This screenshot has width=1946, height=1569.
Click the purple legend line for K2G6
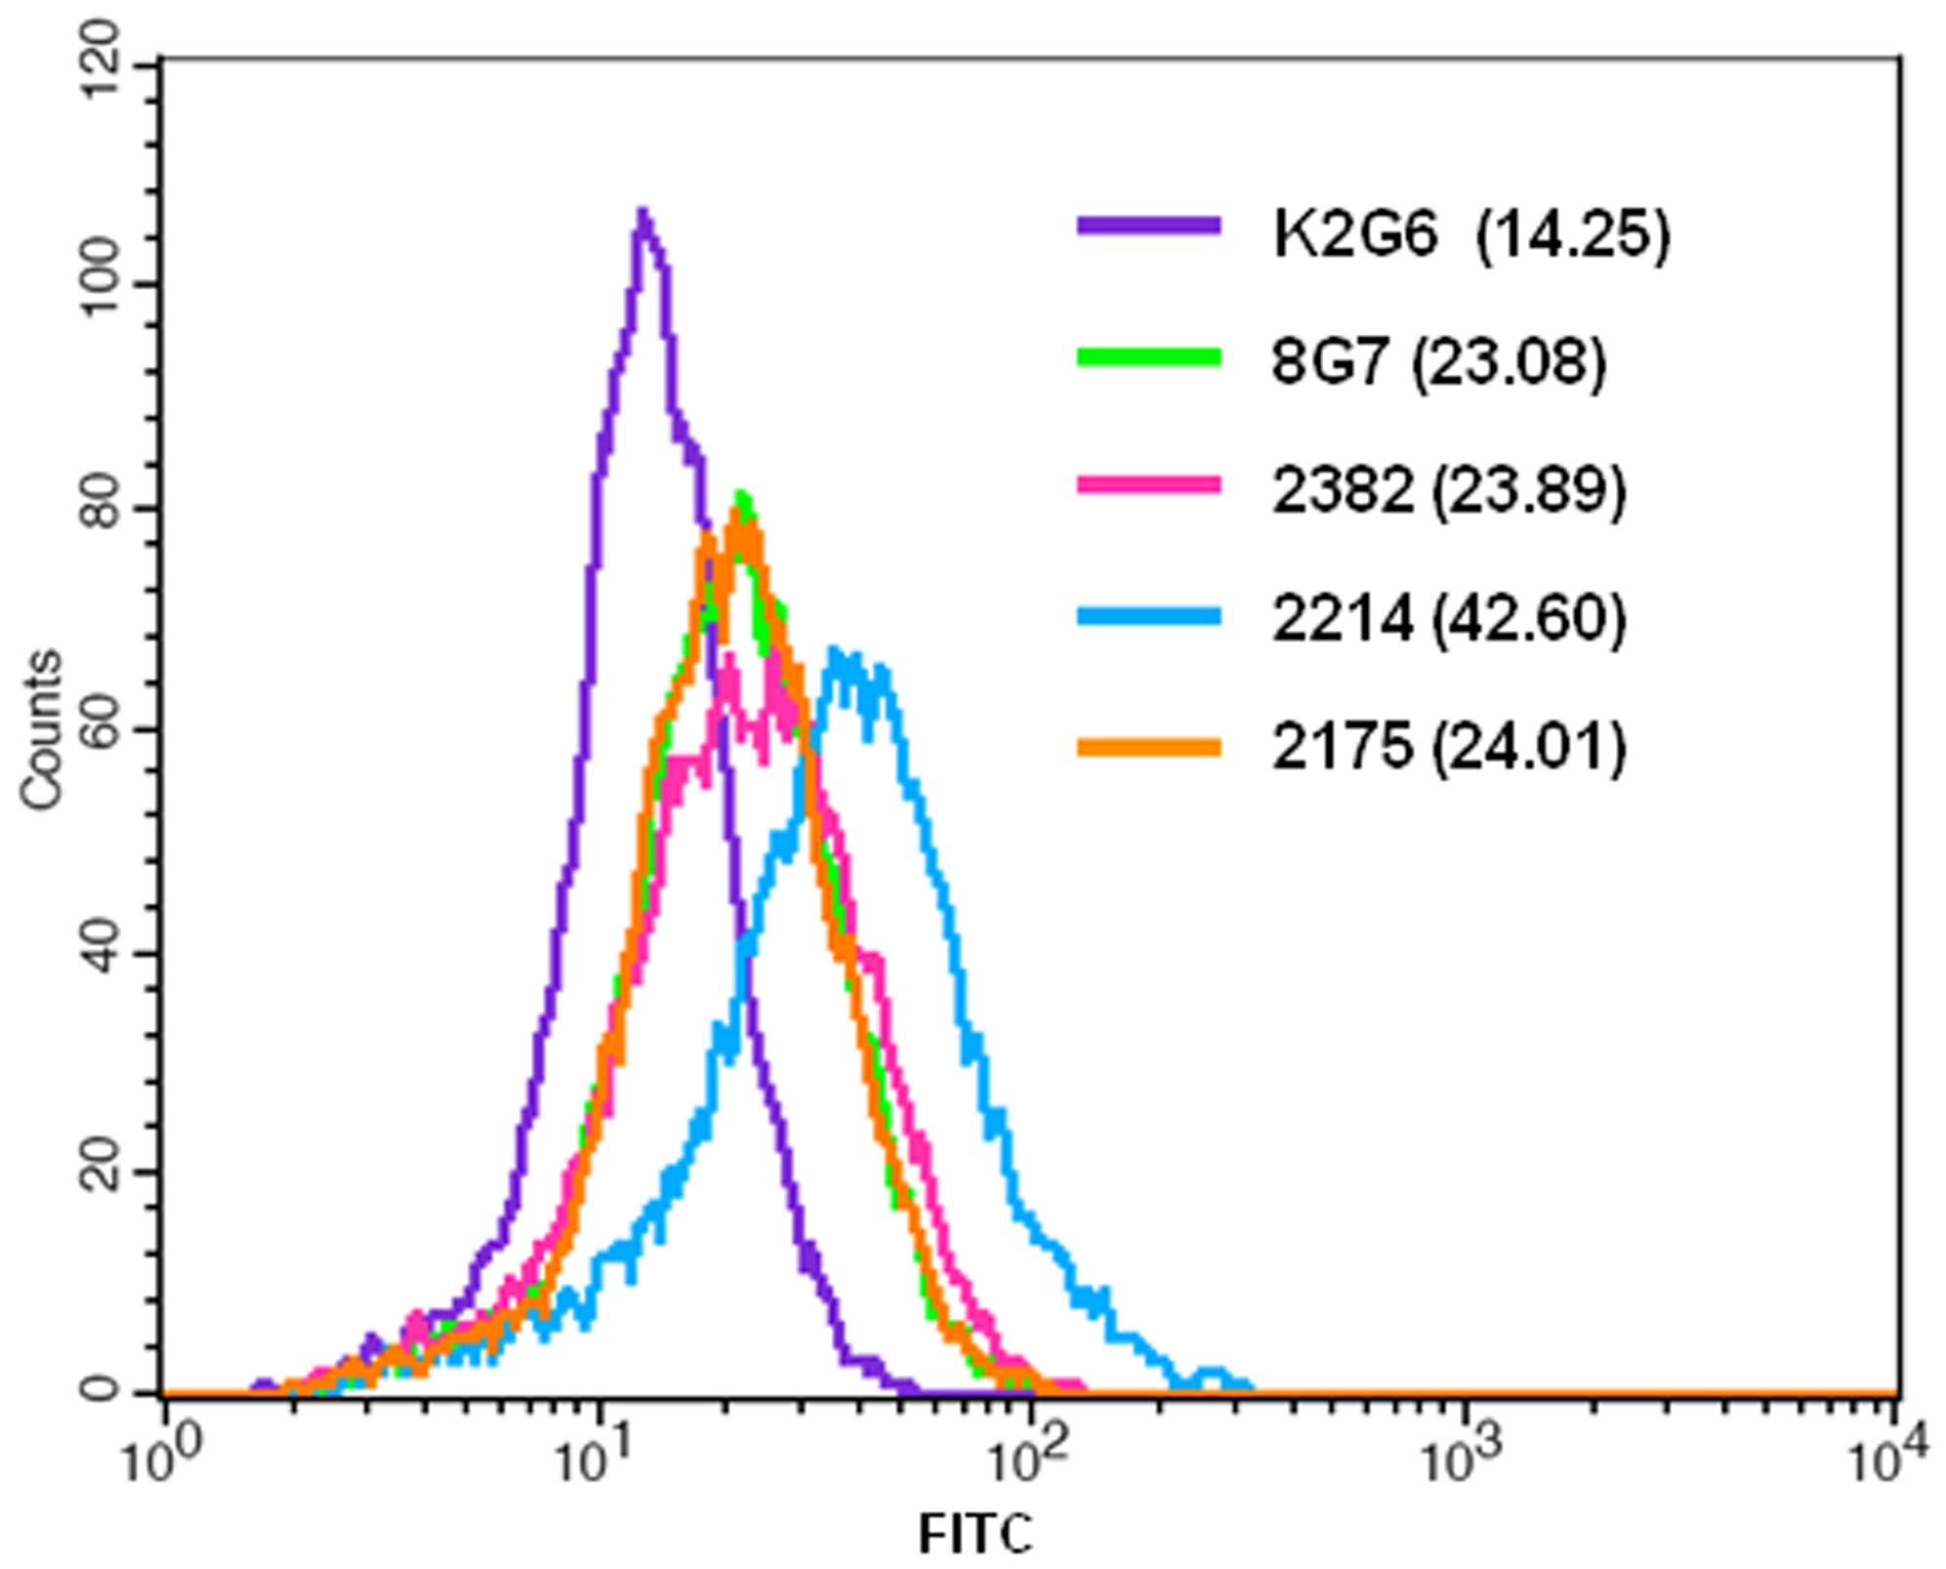point(1148,227)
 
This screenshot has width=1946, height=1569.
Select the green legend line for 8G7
point(1148,357)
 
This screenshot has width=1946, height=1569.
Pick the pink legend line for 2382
point(1148,485)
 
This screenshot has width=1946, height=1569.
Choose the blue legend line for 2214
point(1148,615)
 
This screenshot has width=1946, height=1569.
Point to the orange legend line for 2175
point(1148,748)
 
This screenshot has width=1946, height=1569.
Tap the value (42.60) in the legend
point(1529,619)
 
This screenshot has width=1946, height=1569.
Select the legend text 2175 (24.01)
point(1449,748)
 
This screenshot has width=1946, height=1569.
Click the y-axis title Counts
point(42,729)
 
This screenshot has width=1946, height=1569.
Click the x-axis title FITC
point(974,1534)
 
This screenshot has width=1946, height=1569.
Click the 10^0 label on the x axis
point(159,1461)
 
